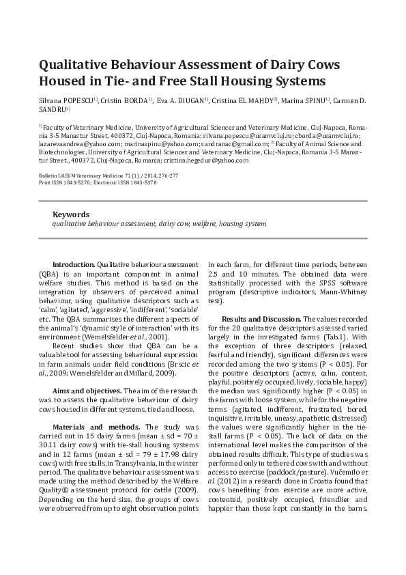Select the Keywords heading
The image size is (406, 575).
pyautogui.click(x=71, y=214)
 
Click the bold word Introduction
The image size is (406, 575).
pyautogui.click(x=74, y=264)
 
